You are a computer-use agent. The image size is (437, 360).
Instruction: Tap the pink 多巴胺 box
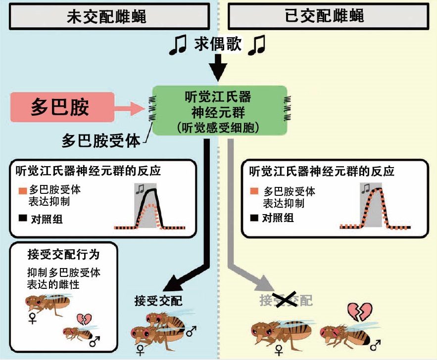tap(60, 107)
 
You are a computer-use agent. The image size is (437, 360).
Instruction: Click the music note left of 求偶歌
tap(178, 45)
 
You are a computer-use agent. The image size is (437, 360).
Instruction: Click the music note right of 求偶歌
tap(257, 45)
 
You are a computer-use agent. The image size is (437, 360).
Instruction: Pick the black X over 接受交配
tap(285, 300)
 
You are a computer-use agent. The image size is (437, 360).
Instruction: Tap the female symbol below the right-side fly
tap(279, 349)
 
